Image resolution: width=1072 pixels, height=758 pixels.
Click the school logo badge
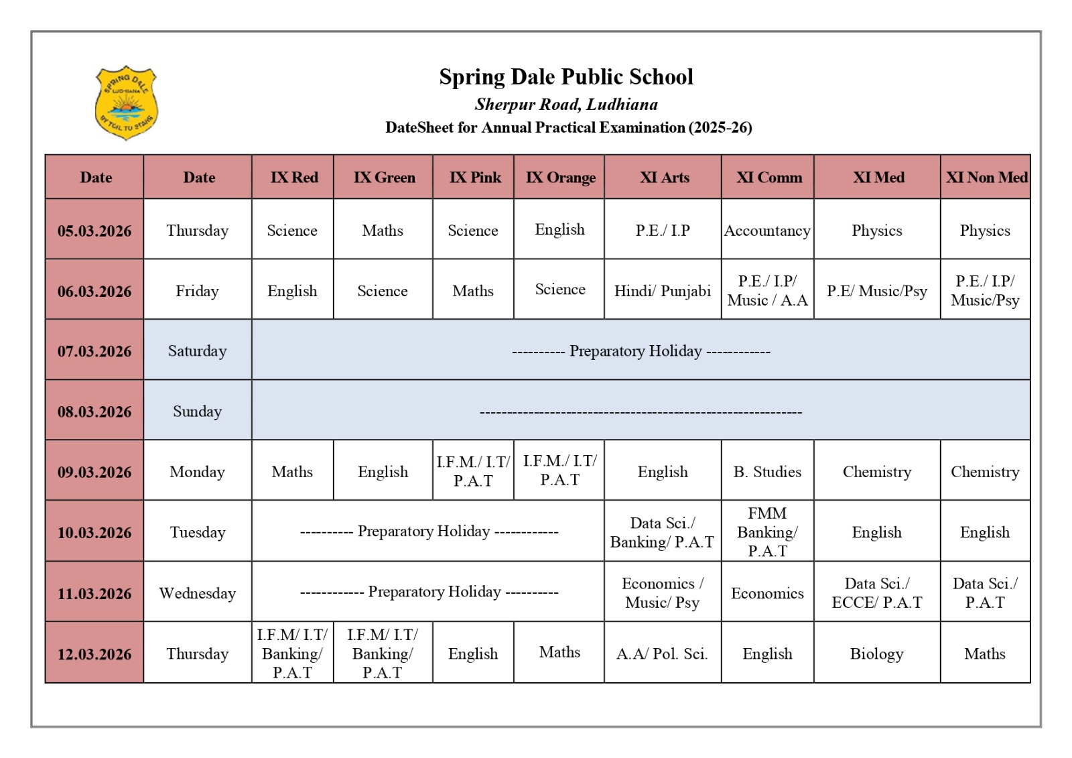[126, 103]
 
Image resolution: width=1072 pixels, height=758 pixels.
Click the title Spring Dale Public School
[566, 77]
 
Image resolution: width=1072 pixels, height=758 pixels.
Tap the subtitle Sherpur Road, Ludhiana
[566, 105]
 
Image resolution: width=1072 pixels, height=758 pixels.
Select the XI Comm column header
[768, 178]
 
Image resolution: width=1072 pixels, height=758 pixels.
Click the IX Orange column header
[560, 178]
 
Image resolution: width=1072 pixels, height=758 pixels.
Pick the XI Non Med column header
[986, 178]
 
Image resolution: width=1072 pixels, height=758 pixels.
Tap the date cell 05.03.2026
[94, 231]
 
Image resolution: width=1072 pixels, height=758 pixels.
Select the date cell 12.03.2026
[94, 654]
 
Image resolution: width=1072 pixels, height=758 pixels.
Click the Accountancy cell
[767, 231]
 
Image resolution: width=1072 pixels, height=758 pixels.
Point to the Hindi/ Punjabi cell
[663, 291]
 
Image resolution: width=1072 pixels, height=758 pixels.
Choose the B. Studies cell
[767, 472]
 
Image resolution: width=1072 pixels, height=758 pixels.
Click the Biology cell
[876, 653]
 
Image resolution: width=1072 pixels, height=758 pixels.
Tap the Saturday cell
[197, 351]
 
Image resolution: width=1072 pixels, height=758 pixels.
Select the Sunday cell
[197, 412]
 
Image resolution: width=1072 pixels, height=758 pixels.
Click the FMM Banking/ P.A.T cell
[767, 532]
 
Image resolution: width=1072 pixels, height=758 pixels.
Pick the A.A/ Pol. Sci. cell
[662, 653]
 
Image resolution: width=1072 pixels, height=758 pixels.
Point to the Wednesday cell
[197, 593]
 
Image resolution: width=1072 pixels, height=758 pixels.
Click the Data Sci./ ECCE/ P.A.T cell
[876, 593]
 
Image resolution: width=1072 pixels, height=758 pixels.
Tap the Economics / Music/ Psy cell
[662, 593]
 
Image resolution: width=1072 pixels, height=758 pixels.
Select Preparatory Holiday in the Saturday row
[635, 351]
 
